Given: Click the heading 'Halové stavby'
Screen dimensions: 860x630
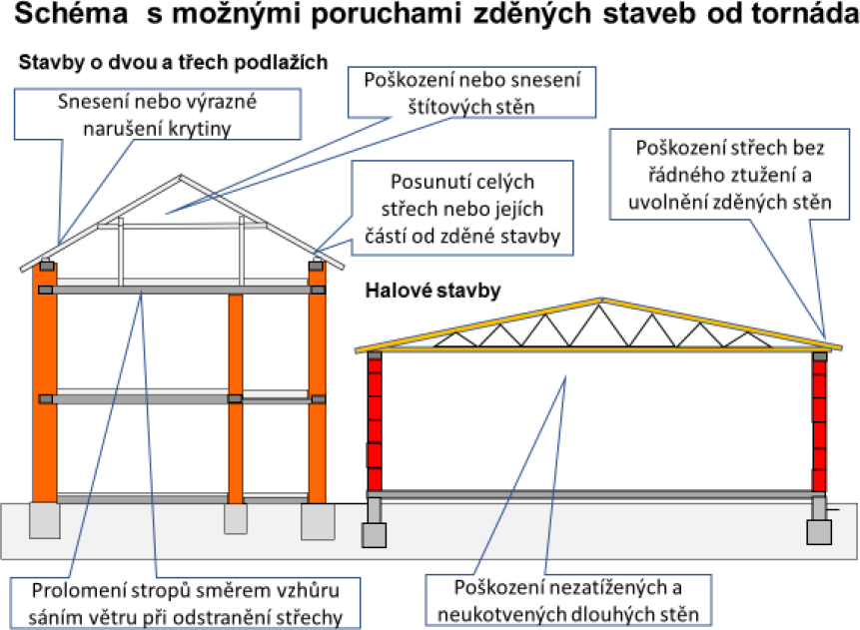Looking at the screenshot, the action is (x=432, y=291).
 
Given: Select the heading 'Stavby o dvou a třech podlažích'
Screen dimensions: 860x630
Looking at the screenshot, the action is (x=174, y=63).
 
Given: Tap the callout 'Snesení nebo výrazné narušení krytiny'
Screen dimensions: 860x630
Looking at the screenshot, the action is (x=158, y=114).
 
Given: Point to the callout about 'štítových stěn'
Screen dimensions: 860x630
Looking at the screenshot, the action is (x=471, y=93).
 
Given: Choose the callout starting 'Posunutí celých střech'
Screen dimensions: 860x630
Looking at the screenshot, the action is (x=461, y=209).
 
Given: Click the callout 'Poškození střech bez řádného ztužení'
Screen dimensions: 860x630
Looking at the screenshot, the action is (x=729, y=175).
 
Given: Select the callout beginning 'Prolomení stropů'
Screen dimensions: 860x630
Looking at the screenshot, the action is (x=186, y=603).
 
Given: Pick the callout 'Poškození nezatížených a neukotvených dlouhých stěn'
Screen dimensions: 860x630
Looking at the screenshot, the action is (x=568, y=600).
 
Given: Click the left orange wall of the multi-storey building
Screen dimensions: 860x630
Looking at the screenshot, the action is (x=45, y=382).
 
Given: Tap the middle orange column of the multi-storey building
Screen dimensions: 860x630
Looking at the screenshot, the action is (x=236, y=398).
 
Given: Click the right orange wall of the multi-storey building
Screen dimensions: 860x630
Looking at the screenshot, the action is (x=317, y=382).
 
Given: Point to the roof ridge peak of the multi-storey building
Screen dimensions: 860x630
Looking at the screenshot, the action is (x=181, y=176).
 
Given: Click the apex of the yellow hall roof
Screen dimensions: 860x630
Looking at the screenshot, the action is (x=601, y=300).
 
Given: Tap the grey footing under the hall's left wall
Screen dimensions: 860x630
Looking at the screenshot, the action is (x=374, y=535).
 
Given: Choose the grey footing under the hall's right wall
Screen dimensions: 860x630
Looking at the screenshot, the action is (x=819, y=532).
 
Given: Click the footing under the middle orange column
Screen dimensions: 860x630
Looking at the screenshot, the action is (x=236, y=519).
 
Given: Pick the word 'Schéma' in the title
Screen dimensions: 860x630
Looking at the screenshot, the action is (x=71, y=13).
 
